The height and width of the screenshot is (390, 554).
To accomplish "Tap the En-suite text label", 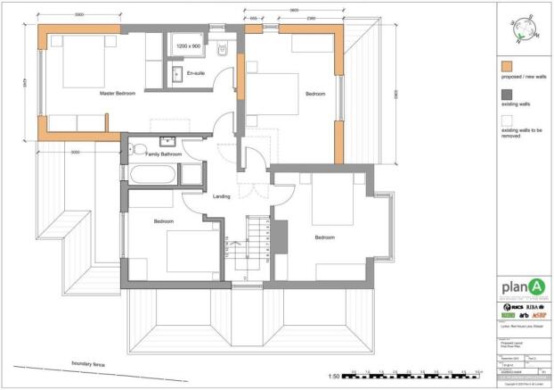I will coord(194,72).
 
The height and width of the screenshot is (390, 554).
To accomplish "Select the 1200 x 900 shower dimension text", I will coord(189,45).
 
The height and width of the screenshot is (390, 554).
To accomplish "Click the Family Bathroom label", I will coord(164,154).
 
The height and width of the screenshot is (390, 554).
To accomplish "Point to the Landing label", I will coord(222,196).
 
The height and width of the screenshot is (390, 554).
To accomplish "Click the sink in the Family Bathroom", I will coord(167,141).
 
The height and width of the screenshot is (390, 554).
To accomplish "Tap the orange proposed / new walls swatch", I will coord(507,67).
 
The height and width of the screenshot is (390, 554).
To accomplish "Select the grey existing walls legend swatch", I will coord(507,95).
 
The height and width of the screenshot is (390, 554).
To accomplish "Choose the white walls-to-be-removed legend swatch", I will coord(507,120).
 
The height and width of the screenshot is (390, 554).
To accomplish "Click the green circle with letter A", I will coord(534,286).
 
